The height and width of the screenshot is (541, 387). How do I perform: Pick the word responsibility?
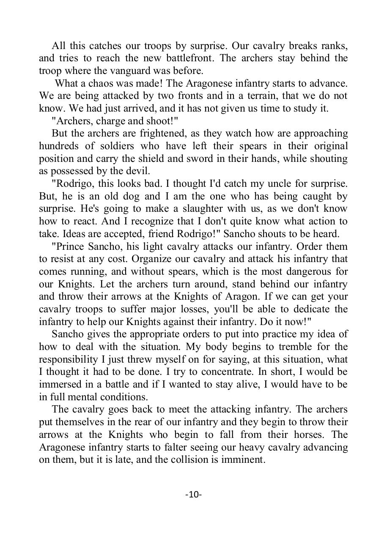(74, 360)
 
